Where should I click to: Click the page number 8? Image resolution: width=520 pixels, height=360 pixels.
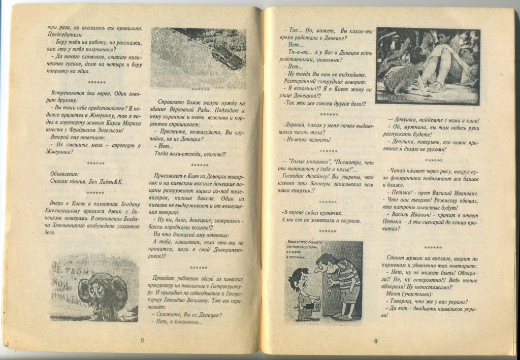[x=142, y=340]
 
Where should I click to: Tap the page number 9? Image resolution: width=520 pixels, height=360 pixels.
[x=376, y=341]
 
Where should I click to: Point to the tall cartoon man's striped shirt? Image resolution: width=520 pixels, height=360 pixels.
[x=346, y=277]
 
